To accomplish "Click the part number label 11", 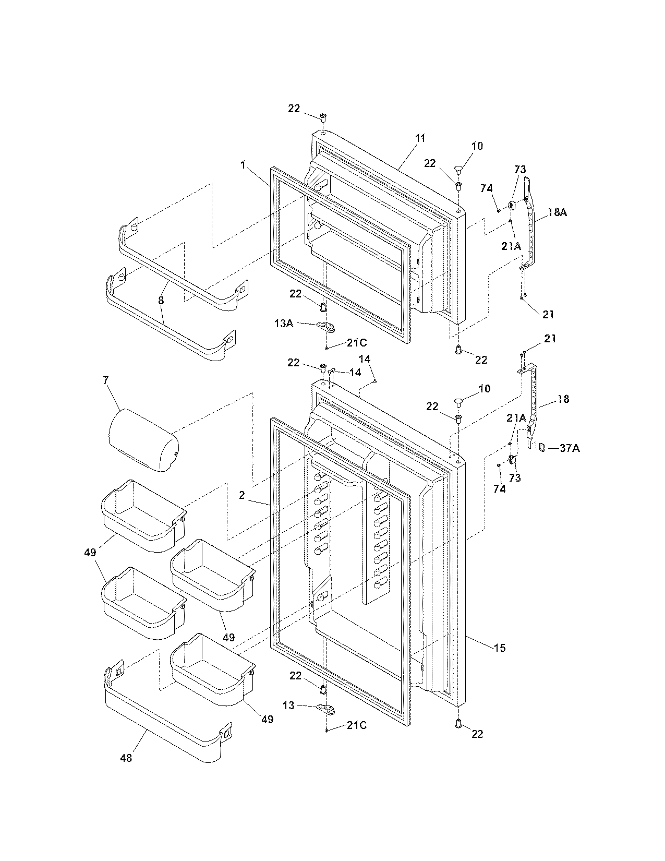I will [420, 139].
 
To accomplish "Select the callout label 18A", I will [557, 212].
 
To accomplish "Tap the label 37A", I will [570, 448].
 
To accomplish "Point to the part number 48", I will [126, 758].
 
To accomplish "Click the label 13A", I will [283, 324].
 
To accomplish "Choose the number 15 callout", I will [499, 648].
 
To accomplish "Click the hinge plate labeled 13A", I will [324, 327].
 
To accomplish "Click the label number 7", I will [106, 380].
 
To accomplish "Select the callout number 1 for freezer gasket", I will [243, 165].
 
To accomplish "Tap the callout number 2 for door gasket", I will [242, 496].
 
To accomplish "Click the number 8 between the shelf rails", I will [161, 301].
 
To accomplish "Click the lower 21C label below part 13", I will [356, 726].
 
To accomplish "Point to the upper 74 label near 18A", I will [487, 188].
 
